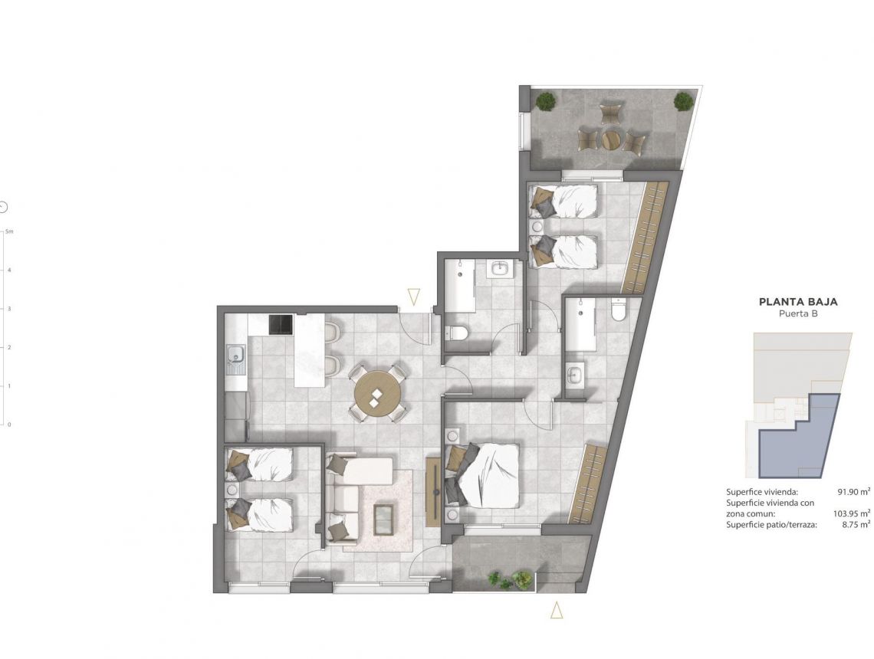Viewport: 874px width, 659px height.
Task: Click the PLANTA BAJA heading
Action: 797,302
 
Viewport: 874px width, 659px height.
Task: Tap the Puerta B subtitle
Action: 797,314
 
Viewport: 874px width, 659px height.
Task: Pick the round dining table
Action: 377,392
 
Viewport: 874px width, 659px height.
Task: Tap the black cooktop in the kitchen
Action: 280,325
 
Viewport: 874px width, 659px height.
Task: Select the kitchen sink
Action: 235,356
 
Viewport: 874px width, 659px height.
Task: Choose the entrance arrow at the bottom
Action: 557,611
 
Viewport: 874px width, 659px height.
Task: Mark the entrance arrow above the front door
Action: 414,297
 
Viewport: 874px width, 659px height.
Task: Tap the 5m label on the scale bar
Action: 9,231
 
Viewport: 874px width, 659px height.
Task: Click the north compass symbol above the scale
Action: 4,207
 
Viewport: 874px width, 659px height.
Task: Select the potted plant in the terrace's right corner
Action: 682,100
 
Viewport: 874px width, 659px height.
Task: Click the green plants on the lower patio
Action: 510,580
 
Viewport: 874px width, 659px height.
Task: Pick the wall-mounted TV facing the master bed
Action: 433,489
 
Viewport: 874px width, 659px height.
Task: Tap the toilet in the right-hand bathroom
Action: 619,310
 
